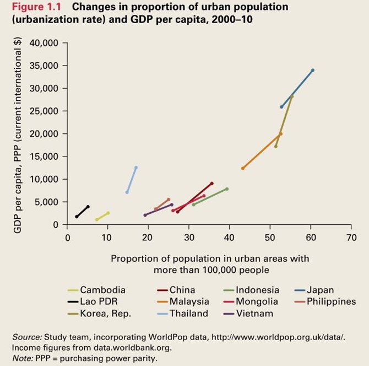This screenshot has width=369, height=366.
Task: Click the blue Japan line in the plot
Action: (x=297, y=88)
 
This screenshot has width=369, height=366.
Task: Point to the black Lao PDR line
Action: (x=82, y=212)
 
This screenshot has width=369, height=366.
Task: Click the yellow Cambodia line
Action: (x=102, y=216)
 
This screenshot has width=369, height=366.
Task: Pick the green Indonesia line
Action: (x=210, y=197)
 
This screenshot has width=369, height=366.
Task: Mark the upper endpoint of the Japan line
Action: (x=313, y=70)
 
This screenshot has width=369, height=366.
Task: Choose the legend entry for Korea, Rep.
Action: (x=101, y=314)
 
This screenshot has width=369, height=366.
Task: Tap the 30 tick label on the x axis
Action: (x=189, y=238)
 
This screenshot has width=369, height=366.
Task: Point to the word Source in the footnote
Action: (x=25, y=336)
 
